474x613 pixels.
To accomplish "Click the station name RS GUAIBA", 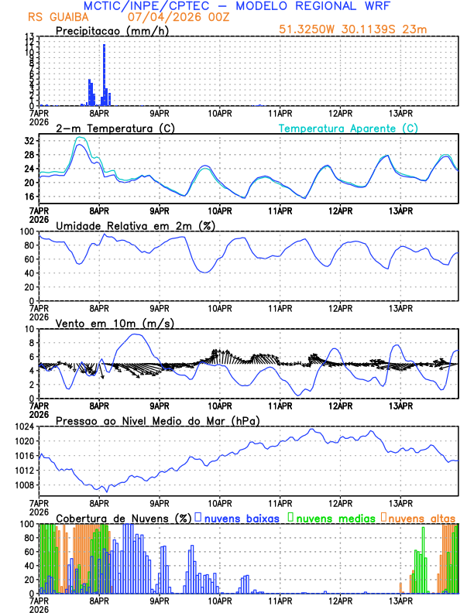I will [x=58, y=17].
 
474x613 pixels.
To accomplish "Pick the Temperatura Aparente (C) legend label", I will [x=348, y=128].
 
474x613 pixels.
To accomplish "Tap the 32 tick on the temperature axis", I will [x=29, y=141].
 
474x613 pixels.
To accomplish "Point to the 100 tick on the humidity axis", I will [x=26, y=231].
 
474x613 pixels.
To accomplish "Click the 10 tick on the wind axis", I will [x=27, y=329].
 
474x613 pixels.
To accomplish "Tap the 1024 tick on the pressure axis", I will [x=23, y=426].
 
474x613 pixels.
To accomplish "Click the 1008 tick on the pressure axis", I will [x=23, y=485].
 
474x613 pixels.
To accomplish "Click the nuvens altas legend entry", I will [x=421, y=517].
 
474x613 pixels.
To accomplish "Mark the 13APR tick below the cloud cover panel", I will [x=400, y=600].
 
